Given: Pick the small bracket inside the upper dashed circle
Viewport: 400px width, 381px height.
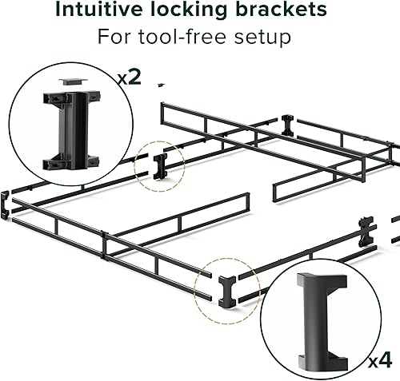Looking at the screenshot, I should (x=160, y=166).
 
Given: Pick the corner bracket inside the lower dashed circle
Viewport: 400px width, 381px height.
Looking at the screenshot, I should (x=225, y=288).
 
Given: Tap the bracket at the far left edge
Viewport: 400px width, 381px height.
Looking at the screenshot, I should (x=6, y=204).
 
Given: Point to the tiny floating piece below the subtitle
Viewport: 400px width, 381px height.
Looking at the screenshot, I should (x=161, y=82).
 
